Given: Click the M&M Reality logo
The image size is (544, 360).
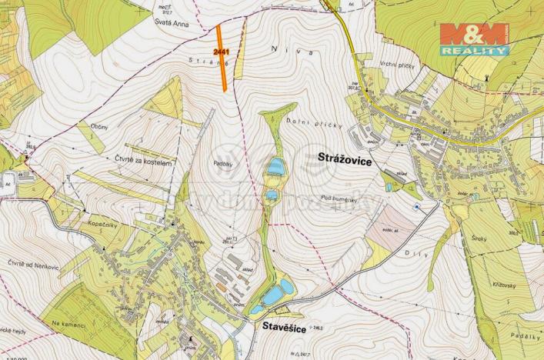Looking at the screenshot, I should click(474, 38).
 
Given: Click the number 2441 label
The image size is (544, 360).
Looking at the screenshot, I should click(222, 52).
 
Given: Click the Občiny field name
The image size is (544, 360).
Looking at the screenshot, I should click(98, 125).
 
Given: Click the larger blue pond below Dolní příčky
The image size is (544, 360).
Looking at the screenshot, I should click(275, 166).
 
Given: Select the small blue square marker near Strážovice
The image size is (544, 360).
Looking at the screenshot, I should click(417, 207).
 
